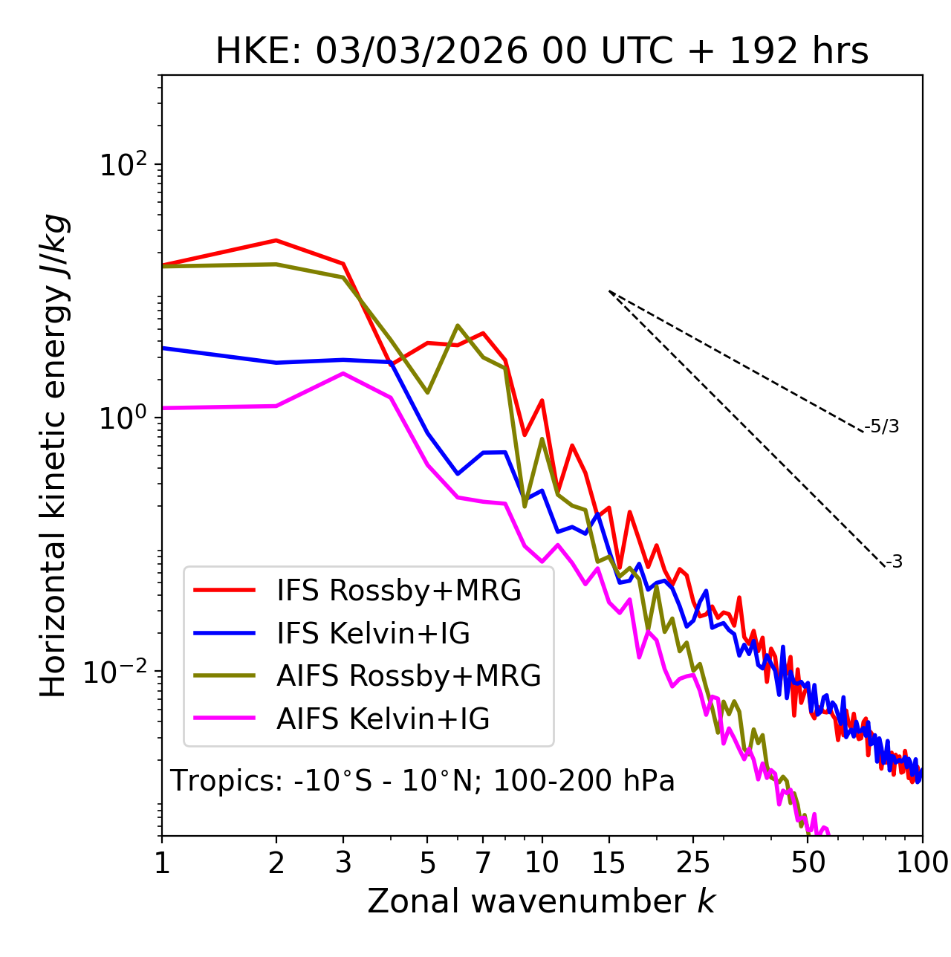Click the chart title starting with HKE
(542, 52)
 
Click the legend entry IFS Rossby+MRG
(398, 591)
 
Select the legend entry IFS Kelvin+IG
(373, 633)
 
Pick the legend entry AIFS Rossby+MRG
(409, 676)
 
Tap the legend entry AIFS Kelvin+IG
(383, 719)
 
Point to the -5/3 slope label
(882, 426)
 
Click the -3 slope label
(894, 562)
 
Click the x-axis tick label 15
(608, 863)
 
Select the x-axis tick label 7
(483, 863)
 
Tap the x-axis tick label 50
(808, 863)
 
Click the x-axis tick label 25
(693, 863)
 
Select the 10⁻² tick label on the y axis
(118, 672)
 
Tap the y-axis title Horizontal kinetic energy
(53, 455)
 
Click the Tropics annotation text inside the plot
(422, 782)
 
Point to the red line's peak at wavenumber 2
(276, 240)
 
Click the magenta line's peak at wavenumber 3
(343, 373)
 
